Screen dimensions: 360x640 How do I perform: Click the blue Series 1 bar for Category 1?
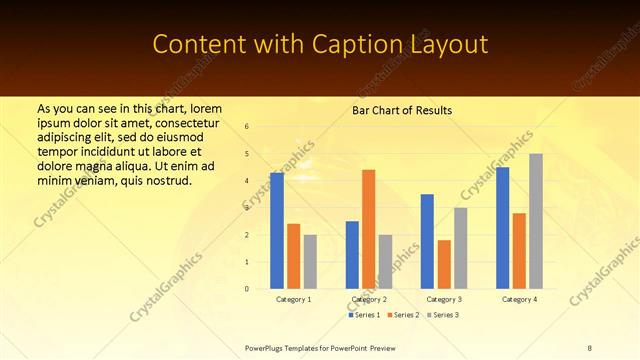coord(277,231)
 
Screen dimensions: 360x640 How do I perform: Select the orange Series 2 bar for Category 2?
coord(369,229)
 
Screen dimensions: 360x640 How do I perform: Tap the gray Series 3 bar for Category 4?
coord(536,221)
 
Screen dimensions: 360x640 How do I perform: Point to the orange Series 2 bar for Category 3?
coord(444,264)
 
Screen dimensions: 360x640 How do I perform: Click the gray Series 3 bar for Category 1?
coord(310,262)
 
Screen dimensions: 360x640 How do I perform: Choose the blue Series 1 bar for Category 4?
coord(502,228)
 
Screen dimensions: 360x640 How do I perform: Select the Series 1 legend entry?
coord(363,315)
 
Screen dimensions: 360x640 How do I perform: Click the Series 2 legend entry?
coord(402,315)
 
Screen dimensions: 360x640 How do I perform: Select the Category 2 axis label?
coord(369,300)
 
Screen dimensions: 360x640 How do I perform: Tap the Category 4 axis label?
coord(519,300)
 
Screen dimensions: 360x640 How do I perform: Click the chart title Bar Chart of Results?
coord(402,110)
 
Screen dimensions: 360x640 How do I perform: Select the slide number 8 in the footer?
coord(589,347)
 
